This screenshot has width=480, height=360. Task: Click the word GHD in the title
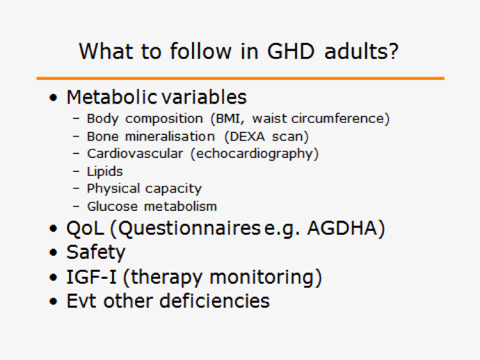click(x=291, y=51)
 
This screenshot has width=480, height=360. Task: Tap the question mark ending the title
click(x=393, y=51)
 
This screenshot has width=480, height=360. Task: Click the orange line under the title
click(x=240, y=78)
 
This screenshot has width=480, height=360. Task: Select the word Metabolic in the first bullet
click(x=112, y=97)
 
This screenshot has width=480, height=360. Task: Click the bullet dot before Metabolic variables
click(x=53, y=98)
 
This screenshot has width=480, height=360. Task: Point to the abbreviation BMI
click(x=228, y=119)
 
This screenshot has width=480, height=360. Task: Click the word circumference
click(x=337, y=119)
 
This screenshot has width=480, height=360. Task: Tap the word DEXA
click(x=247, y=136)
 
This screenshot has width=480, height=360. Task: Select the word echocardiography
click(x=254, y=154)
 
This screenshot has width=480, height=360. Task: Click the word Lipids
click(x=105, y=171)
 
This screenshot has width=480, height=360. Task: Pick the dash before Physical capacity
click(x=76, y=189)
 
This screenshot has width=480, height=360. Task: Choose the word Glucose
click(x=113, y=207)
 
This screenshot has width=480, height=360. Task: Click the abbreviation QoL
click(x=85, y=228)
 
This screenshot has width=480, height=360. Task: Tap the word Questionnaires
click(x=189, y=228)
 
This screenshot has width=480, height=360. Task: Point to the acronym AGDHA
click(x=342, y=228)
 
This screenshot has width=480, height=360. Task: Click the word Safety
click(x=96, y=253)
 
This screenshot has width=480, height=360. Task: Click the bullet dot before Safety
click(x=53, y=253)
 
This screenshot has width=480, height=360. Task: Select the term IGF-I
click(x=92, y=277)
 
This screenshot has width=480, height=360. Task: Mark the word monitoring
click(x=262, y=278)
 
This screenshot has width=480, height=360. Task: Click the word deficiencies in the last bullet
click(x=214, y=301)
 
